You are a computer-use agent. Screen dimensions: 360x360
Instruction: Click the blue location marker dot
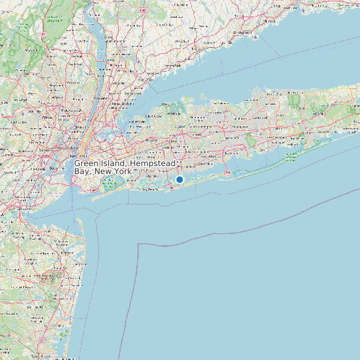[179, 179]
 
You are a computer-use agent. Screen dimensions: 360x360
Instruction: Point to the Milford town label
[269, 21]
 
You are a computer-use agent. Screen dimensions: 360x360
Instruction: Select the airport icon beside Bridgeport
[256, 37]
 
